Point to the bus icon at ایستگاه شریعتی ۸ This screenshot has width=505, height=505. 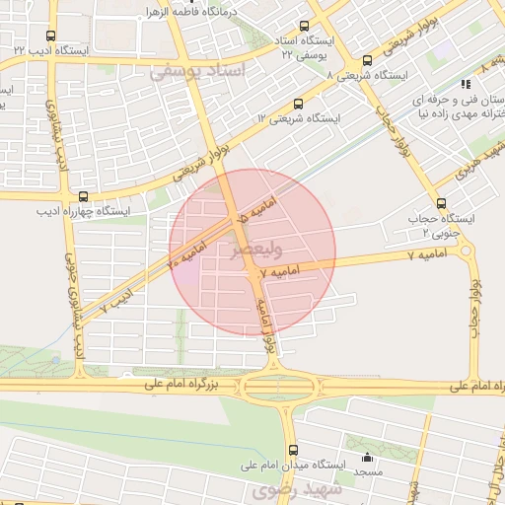(368, 60)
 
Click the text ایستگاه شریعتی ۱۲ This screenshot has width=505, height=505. (298, 117)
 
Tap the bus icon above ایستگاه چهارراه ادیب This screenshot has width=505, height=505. (82, 196)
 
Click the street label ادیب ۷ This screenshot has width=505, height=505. (115, 301)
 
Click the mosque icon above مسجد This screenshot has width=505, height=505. (368, 457)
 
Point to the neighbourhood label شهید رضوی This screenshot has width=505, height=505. (296, 488)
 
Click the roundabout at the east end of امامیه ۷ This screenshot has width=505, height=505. (467, 252)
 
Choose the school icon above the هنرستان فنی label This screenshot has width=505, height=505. (463, 87)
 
